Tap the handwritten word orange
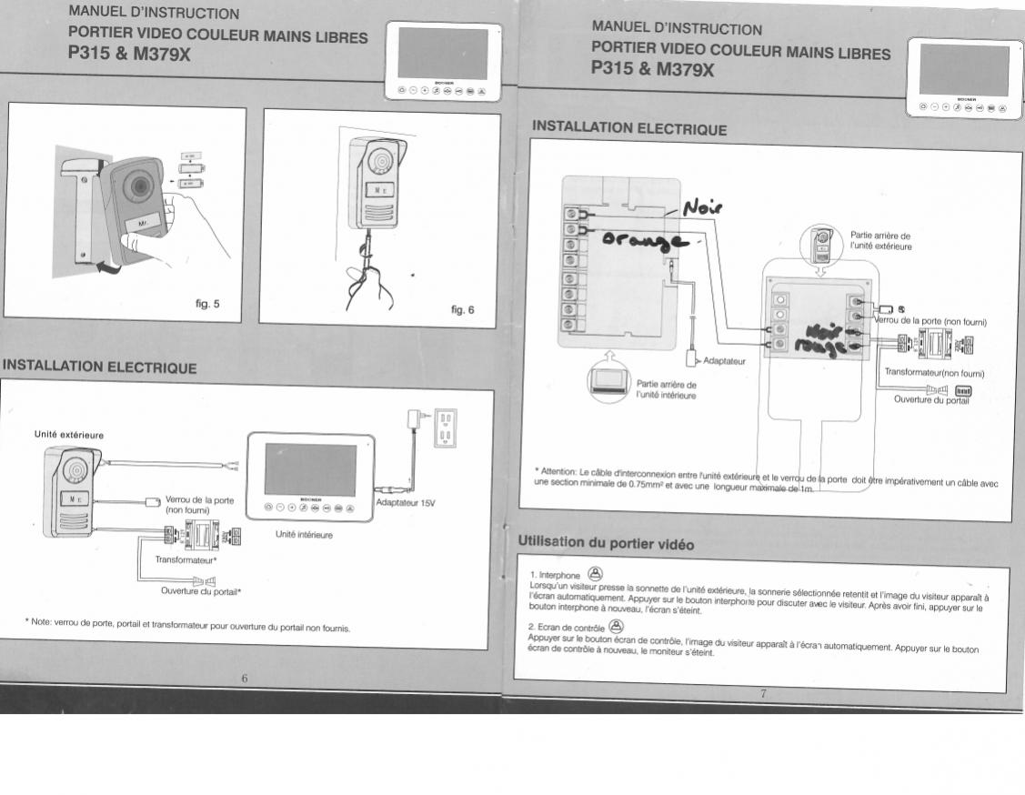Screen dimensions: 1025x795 click(x=645, y=241)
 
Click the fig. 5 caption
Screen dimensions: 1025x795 click(x=207, y=304)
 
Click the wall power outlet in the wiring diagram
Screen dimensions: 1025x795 click(x=445, y=428)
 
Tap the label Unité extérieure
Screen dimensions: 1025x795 click(x=69, y=435)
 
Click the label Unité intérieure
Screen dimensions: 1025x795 click(x=304, y=535)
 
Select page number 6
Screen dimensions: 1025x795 click(x=245, y=678)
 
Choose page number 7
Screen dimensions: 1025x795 click(x=764, y=694)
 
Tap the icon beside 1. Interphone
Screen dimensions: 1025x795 click(x=595, y=573)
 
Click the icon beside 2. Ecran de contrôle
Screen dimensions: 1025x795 click(x=616, y=625)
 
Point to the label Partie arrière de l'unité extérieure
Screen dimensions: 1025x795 click(x=879, y=240)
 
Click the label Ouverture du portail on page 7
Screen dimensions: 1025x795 click(x=931, y=399)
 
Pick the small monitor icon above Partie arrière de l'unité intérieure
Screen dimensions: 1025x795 click(x=608, y=379)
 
